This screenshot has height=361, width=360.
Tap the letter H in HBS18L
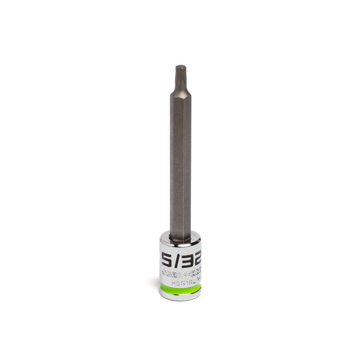(172, 279)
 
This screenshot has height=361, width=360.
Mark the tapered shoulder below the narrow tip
(180, 92)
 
